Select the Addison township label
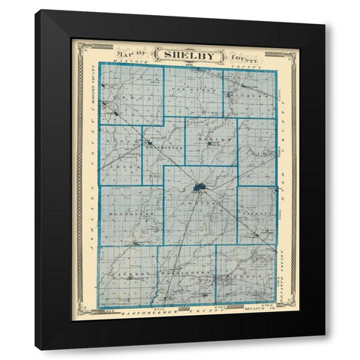201,202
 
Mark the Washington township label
187,277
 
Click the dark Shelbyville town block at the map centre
200,187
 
